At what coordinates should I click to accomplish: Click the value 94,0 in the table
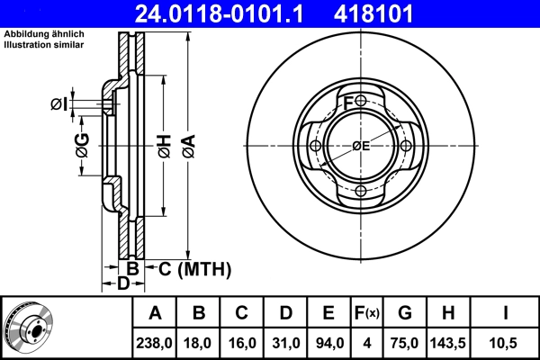(329, 343)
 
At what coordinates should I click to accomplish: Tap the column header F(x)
(367, 314)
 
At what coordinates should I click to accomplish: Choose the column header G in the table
(406, 314)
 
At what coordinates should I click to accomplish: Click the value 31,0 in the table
(286, 343)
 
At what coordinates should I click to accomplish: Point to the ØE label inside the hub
(361, 146)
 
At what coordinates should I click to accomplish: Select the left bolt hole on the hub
(315, 147)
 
